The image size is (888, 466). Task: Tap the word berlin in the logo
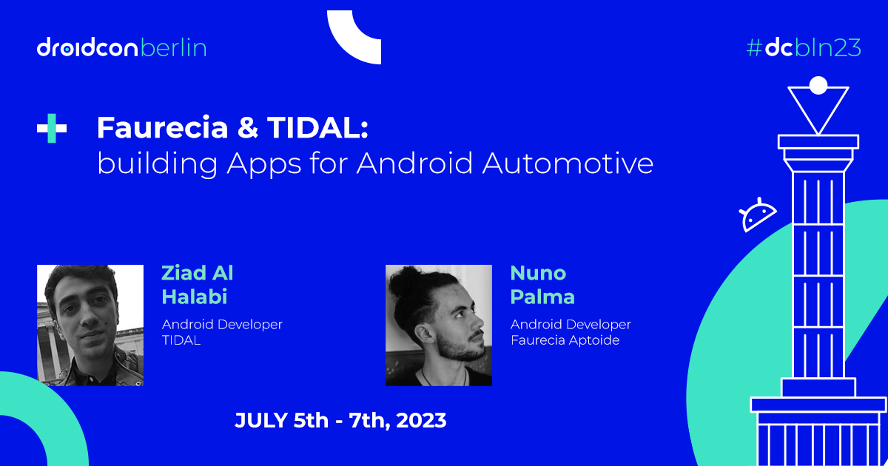[173, 48]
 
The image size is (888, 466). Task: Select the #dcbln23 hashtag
[803, 48]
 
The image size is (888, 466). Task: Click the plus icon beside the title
[52, 129]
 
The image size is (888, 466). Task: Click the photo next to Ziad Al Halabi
[90, 325]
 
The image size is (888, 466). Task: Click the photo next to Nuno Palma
[439, 325]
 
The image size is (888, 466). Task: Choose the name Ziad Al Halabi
[198, 285]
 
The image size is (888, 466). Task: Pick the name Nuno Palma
[542, 285]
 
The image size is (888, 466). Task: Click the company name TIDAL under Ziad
[182, 340]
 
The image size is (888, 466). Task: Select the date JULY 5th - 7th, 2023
[340, 421]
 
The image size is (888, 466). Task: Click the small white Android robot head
[758, 215]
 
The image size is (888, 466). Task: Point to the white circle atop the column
[818, 85]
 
